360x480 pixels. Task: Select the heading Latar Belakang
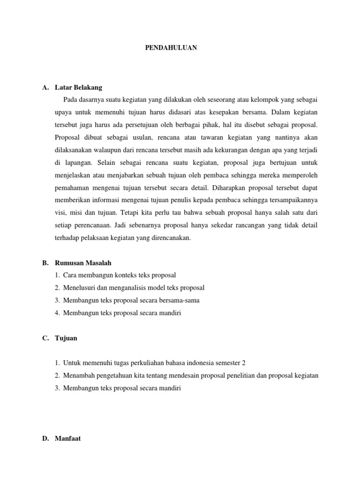pyautogui.click(x=78, y=88)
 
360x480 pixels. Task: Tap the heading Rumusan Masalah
pyautogui.click(x=83, y=262)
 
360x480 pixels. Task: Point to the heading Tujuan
pyautogui.click(x=67, y=337)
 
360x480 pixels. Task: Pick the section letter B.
pyautogui.click(x=45, y=262)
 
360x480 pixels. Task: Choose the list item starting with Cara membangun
pyautogui.click(x=119, y=275)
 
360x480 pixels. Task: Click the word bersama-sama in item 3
pyautogui.click(x=188, y=300)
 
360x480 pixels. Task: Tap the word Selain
pyautogui.click(x=109, y=163)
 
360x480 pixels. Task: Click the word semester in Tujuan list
pyautogui.click(x=223, y=363)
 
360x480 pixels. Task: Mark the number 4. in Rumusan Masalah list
pyautogui.click(x=57, y=313)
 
